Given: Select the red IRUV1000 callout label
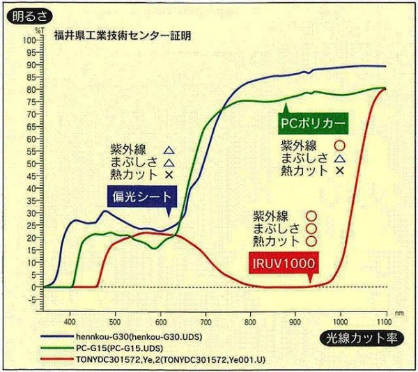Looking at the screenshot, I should point(286,263).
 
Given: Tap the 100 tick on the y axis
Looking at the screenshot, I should point(30,40).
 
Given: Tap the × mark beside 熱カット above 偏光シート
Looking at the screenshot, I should point(169,173).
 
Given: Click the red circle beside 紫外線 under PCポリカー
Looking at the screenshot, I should point(340,146).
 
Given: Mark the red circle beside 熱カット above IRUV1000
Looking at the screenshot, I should point(311,241).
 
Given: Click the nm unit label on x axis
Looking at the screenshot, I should point(398,315).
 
